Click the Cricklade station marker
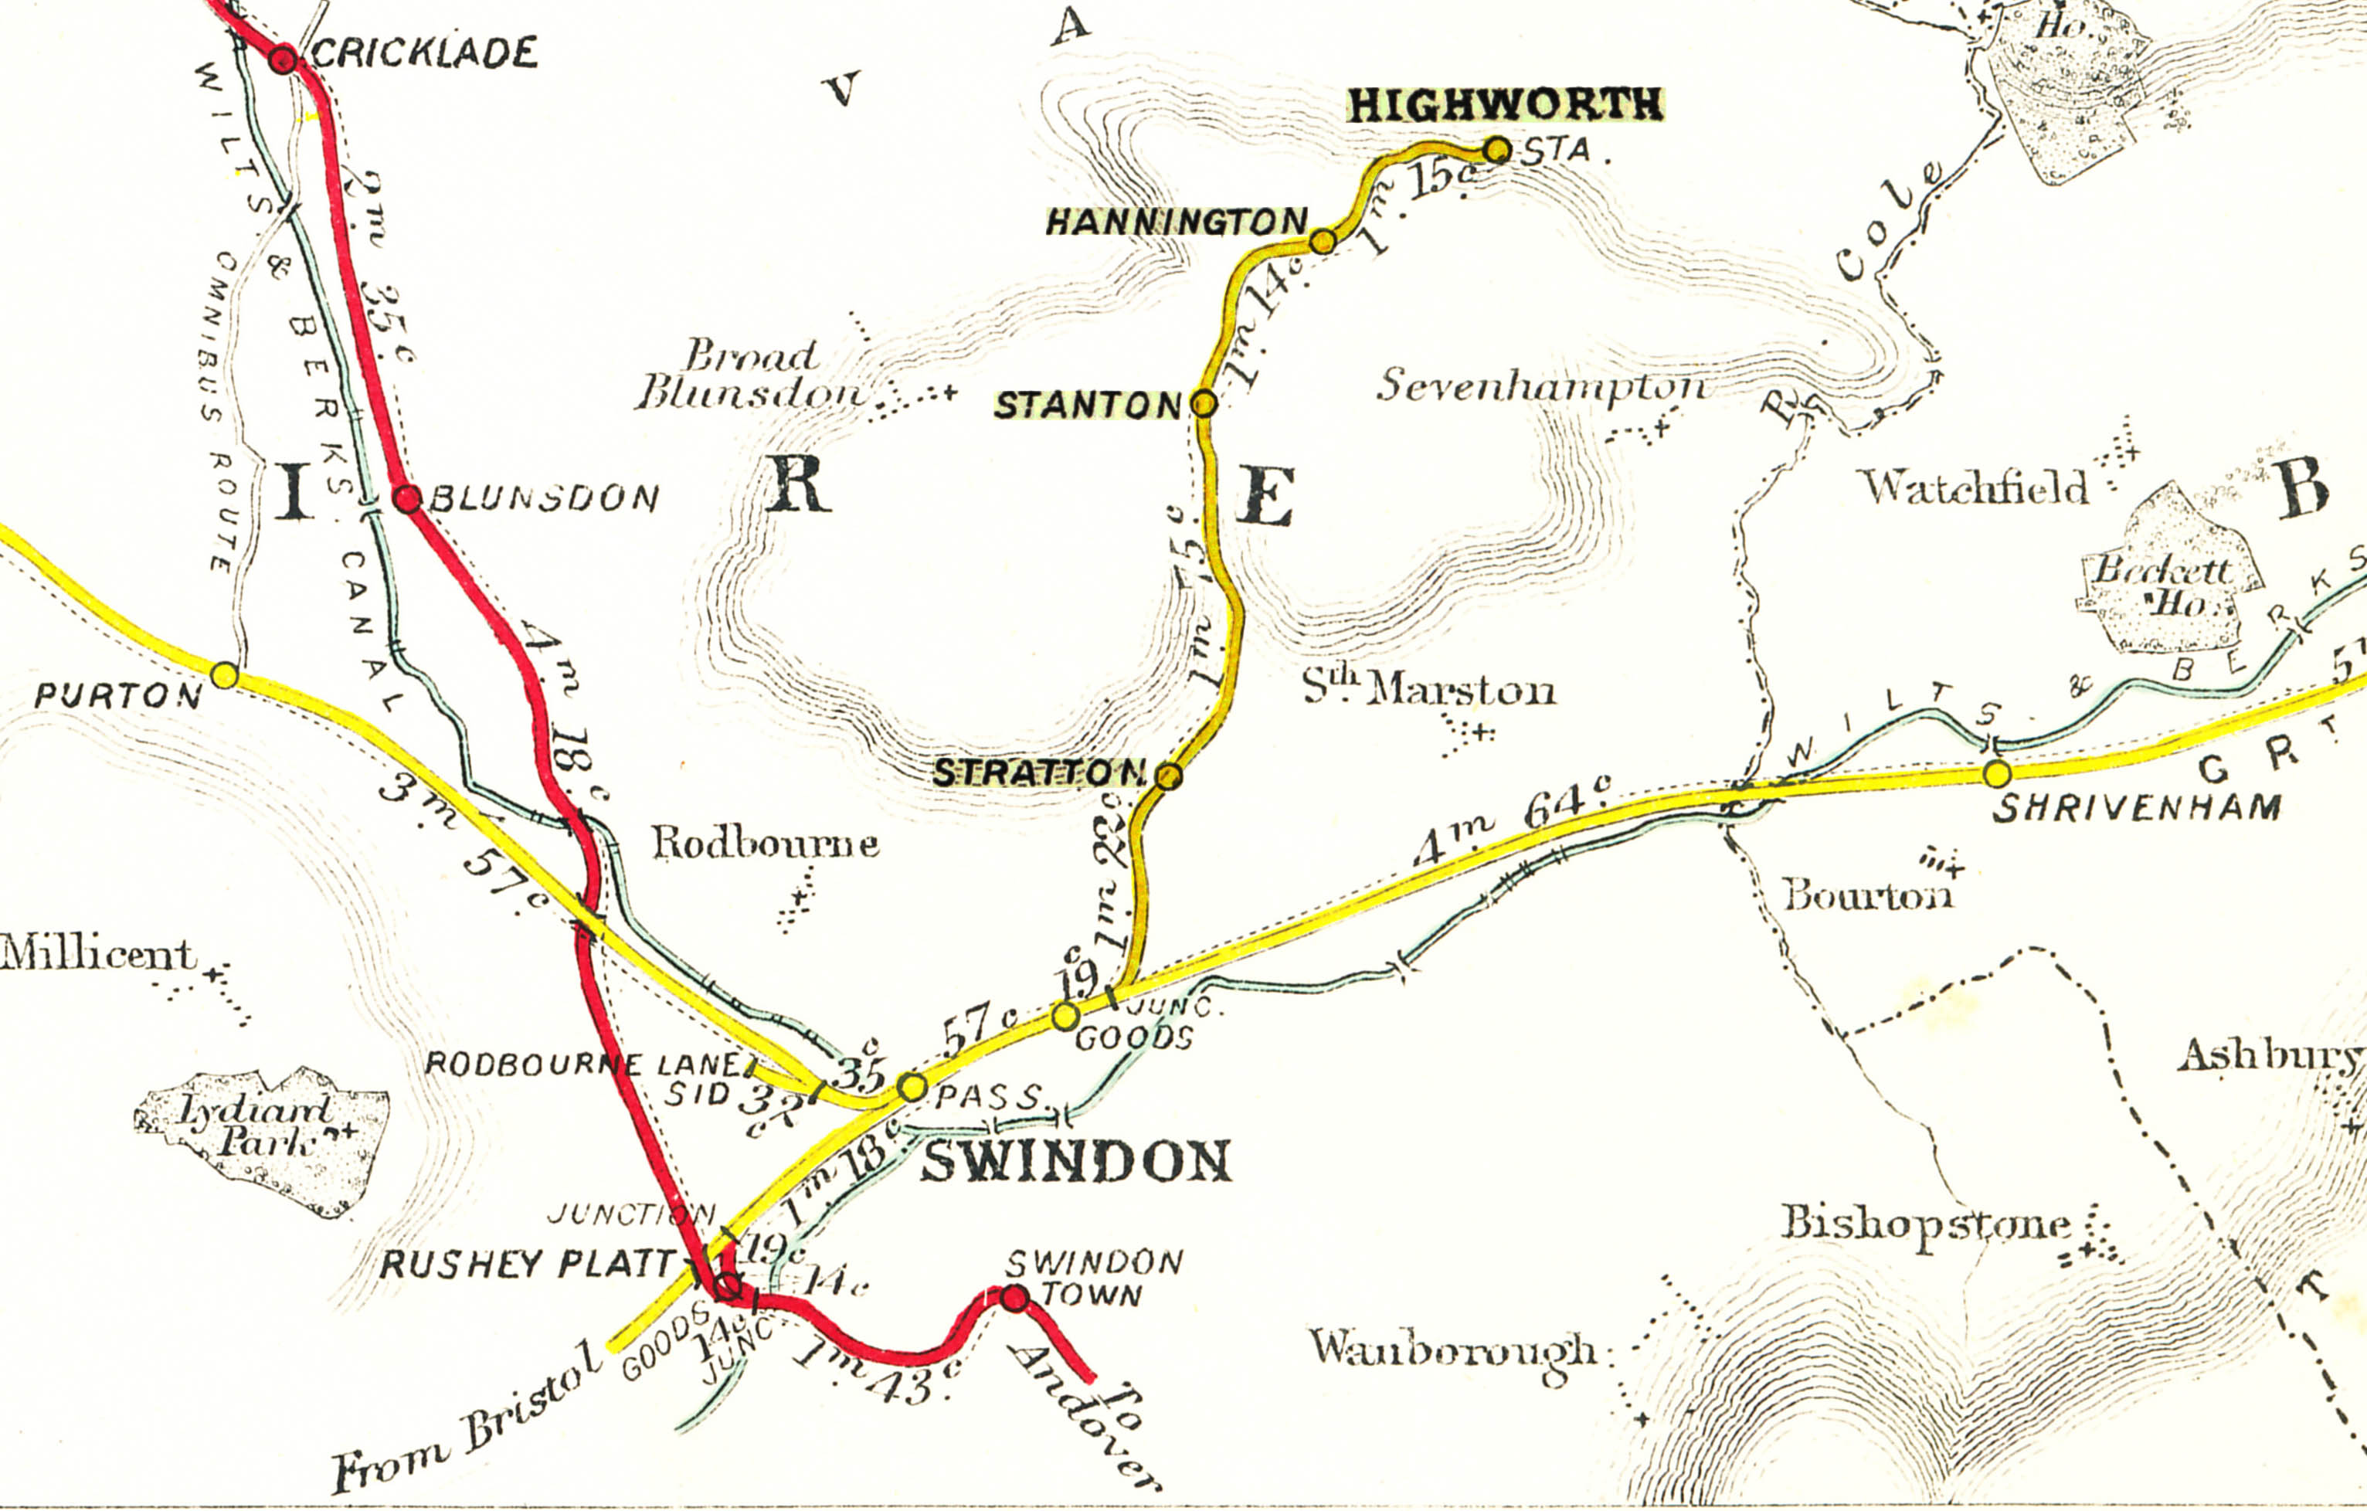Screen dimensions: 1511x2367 283,60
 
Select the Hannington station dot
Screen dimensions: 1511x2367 1323,241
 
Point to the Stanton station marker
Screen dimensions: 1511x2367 1203,403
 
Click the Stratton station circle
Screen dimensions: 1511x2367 1167,776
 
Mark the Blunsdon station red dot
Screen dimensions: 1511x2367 407,498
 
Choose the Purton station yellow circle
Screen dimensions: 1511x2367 225,675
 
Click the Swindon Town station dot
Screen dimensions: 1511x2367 1014,1299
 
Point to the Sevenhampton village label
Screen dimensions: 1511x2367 1540,386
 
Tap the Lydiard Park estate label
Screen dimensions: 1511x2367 257,1126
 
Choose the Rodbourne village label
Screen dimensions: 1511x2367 765,844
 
